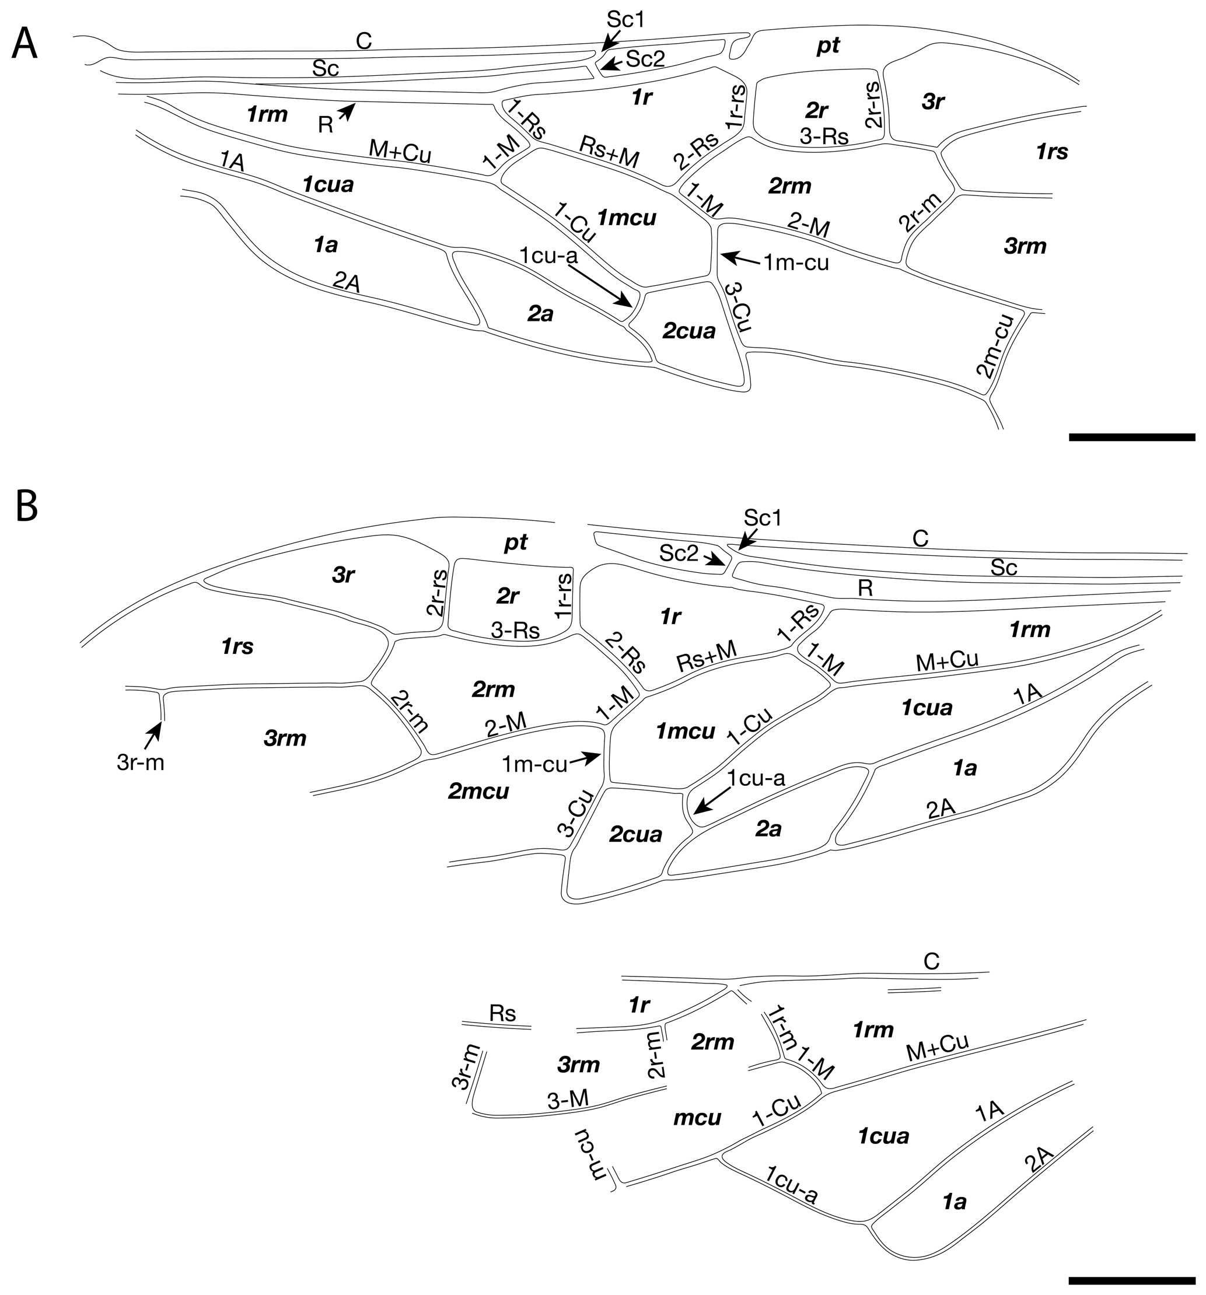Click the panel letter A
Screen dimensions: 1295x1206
coord(25,44)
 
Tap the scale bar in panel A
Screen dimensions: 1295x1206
coord(1132,437)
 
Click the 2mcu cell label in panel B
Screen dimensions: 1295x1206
coord(478,791)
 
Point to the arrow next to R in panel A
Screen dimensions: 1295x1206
coord(347,112)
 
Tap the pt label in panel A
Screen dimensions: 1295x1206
coord(828,45)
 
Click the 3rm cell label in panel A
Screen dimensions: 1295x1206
coord(1025,246)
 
